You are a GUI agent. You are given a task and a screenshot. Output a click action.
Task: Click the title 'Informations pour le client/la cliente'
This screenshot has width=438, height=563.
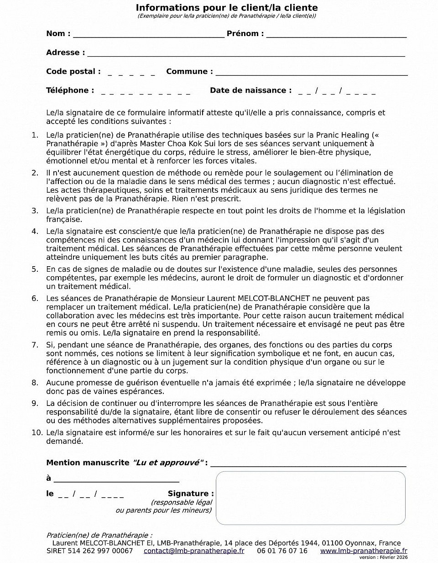[227, 8]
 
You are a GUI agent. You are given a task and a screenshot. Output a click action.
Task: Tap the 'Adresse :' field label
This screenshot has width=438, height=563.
[65, 53]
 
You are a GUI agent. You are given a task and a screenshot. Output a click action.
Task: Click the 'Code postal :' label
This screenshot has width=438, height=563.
[73, 71]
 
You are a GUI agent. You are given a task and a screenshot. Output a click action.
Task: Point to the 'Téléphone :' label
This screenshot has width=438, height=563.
[70, 90]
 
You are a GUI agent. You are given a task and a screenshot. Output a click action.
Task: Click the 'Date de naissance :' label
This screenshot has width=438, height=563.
[250, 90]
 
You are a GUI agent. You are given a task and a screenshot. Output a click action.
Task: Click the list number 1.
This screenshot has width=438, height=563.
[35, 135]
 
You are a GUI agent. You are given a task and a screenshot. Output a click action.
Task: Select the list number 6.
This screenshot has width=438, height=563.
[35, 299]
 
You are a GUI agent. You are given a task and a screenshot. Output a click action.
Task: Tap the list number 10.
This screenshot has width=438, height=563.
[36, 433]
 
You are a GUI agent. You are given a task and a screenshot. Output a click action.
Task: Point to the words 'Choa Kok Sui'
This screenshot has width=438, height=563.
[187, 144]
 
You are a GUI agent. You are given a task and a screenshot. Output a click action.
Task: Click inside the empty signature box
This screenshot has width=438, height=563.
[310, 498]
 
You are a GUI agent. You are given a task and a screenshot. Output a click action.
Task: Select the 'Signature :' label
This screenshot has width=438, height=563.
[191, 494]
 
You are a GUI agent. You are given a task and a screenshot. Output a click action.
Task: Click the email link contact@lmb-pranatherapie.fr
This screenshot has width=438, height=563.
[193, 551]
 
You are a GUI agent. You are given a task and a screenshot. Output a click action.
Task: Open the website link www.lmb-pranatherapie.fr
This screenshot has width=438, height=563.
[363, 551]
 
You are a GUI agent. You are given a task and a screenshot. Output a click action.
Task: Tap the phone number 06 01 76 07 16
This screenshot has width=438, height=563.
[282, 551]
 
